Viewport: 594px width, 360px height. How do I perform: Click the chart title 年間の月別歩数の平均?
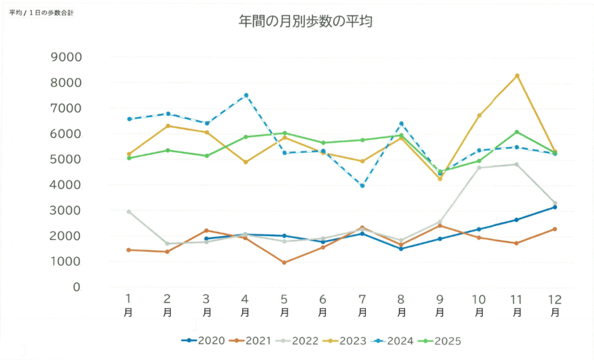[305, 22]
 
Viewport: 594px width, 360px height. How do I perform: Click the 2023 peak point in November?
[517, 76]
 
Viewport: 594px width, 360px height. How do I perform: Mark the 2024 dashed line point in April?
[246, 95]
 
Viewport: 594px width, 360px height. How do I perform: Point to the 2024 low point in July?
[362, 186]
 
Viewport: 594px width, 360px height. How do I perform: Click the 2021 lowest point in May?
[284, 263]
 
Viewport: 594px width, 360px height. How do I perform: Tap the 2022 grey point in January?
[129, 212]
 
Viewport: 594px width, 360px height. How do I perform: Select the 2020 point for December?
[555, 207]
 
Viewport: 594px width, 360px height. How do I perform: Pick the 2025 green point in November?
[517, 132]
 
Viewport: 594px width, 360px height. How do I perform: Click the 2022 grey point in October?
[479, 168]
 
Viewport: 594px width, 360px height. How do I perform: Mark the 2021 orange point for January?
[129, 250]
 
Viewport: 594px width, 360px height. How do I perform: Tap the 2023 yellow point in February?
[168, 126]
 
